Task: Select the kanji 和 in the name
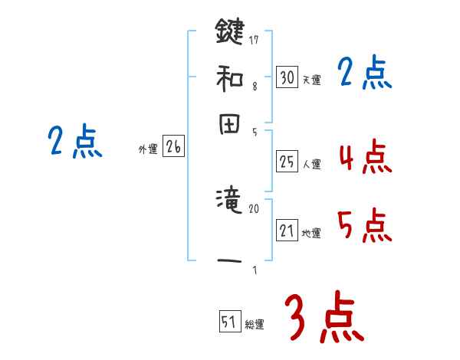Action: click(229, 77)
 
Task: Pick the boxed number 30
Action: click(287, 77)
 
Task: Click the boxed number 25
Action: click(287, 162)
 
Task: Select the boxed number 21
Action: click(287, 231)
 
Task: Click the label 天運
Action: click(311, 80)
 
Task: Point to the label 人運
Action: click(311, 164)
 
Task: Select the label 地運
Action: click(311, 233)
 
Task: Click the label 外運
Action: click(148, 150)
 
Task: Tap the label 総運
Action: click(255, 324)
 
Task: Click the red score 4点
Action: click(365, 157)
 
